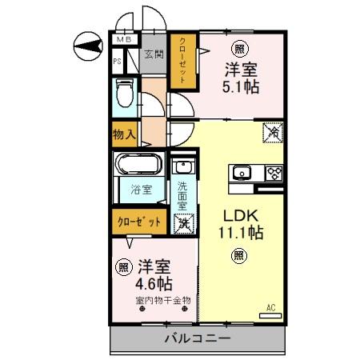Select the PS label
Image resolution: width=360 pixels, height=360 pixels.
118,61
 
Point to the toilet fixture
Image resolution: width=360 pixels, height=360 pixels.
124,93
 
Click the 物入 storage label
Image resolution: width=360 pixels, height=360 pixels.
125,136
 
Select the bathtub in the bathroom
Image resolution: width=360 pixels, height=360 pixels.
142,168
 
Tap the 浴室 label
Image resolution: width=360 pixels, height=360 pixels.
141,191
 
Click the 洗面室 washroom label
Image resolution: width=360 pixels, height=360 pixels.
182,195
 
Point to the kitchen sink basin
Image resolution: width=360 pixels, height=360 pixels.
242,173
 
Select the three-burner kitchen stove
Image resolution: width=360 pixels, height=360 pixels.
274,173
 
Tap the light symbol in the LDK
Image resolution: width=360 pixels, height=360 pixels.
238,255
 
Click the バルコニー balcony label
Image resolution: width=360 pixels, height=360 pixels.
198,338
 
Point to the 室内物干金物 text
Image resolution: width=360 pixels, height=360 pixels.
163,301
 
